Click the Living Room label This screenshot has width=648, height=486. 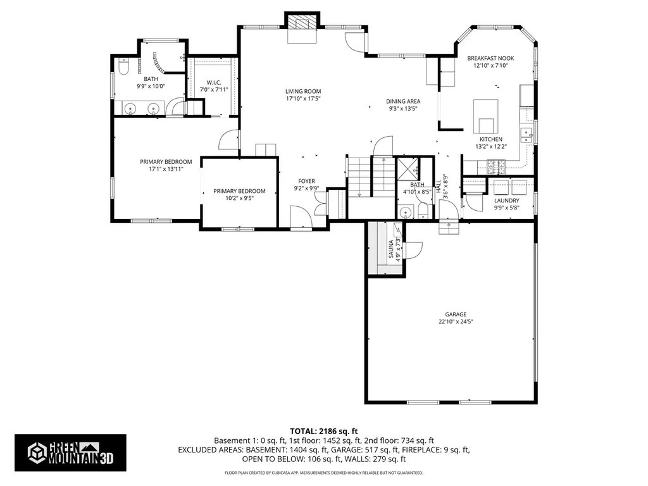point(303,91)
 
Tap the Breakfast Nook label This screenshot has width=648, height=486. point(490,58)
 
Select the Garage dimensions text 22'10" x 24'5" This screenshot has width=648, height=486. point(456,321)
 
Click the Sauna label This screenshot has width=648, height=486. point(391,249)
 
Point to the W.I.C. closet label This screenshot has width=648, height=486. point(214,83)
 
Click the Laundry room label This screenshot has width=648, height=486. point(507,201)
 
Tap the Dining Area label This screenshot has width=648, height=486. point(403,101)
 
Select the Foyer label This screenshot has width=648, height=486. point(306,181)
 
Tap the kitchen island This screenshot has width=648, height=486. point(485,116)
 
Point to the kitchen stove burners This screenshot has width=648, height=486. point(496,166)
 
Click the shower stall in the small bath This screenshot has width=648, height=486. point(407,168)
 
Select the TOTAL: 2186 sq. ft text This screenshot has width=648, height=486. point(323,432)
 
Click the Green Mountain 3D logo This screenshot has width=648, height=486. point(70,452)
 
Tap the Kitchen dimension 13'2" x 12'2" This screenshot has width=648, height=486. point(491,146)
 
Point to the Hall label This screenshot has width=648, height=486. point(438,187)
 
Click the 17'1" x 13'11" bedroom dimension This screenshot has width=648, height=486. point(166,169)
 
